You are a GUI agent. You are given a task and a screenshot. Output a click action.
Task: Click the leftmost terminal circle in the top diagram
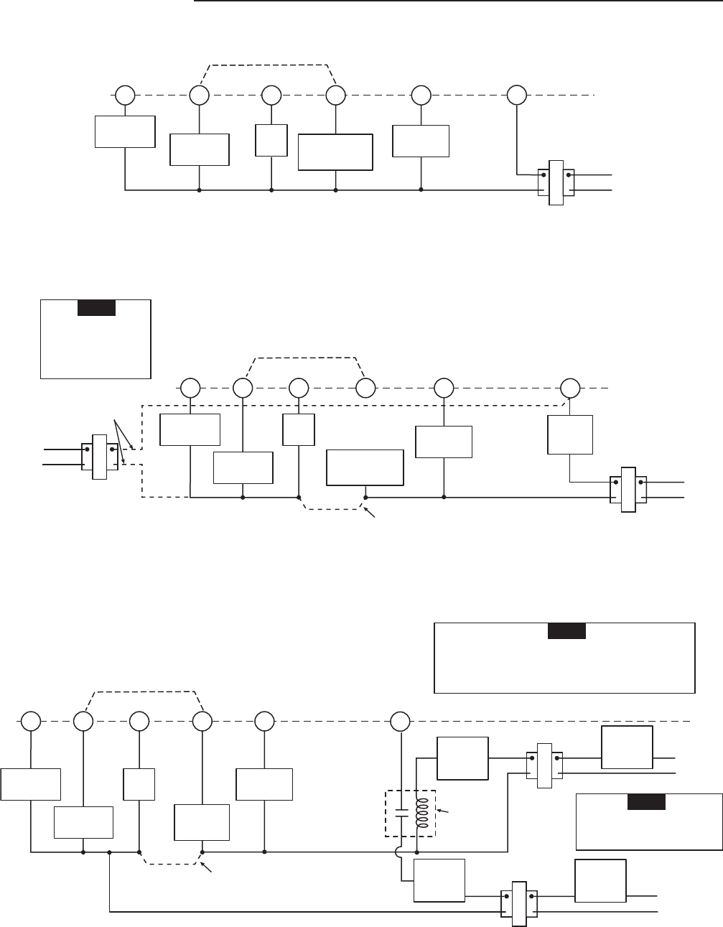[x=125, y=95]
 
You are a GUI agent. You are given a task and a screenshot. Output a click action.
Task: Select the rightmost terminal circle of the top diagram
[x=517, y=95]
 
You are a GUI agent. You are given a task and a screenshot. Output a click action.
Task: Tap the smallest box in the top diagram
[x=271, y=140]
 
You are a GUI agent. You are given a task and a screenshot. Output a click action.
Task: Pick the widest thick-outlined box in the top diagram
[x=336, y=152]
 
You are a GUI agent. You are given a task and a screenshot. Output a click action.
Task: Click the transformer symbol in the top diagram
[x=556, y=182]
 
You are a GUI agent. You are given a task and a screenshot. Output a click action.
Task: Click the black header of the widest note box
[x=566, y=631]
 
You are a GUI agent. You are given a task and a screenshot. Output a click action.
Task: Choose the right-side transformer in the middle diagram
[x=628, y=490]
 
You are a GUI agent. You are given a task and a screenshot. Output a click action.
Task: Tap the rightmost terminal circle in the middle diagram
[x=571, y=388]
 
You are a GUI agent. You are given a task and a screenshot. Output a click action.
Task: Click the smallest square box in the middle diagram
[x=299, y=430]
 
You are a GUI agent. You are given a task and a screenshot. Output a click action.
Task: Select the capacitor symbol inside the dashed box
[x=401, y=813]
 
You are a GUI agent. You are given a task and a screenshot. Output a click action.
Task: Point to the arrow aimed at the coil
[x=444, y=811]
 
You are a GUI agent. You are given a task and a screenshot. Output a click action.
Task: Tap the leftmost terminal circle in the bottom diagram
[x=30, y=720]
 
